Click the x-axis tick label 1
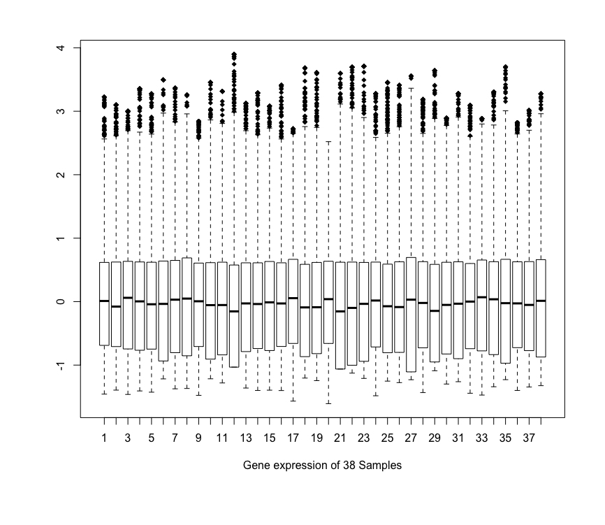[x=104, y=438]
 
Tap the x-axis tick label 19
[x=316, y=438]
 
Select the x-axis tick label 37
[x=529, y=438]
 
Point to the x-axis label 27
[x=411, y=438]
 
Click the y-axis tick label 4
[x=60, y=48]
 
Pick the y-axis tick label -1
[x=60, y=365]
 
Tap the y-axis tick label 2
[x=60, y=175]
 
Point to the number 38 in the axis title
[x=349, y=465]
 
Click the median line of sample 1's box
[x=104, y=301]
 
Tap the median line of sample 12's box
[x=234, y=311]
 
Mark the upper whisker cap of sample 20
[x=328, y=142]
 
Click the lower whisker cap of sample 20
[x=328, y=403]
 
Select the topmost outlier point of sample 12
[x=234, y=55]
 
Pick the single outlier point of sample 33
[x=481, y=120]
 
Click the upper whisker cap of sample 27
[x=411, y=88]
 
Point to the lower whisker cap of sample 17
[x=293, y=401]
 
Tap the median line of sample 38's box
[x=541, y=301]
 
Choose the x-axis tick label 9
[x=198, y=438]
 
